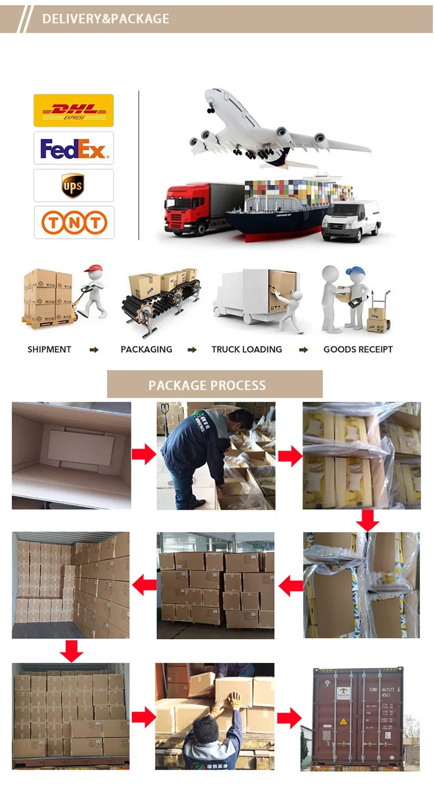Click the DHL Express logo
tap(73, 110)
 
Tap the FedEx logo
tap(73, 149)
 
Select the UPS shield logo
tap(73, 186)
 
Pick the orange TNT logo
tap(73, 223)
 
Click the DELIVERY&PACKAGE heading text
tap(106, 19)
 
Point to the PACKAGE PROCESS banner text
tap(207, 385)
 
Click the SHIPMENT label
tap(49, 349)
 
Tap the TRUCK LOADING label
tap(247, 349)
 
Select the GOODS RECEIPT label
tap(358, 349)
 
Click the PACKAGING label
tap(146, 349)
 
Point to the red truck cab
tap(183, 208)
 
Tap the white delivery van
tap(351, 219)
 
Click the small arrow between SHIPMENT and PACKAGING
tap(94, 350)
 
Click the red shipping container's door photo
tap(358, 718)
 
